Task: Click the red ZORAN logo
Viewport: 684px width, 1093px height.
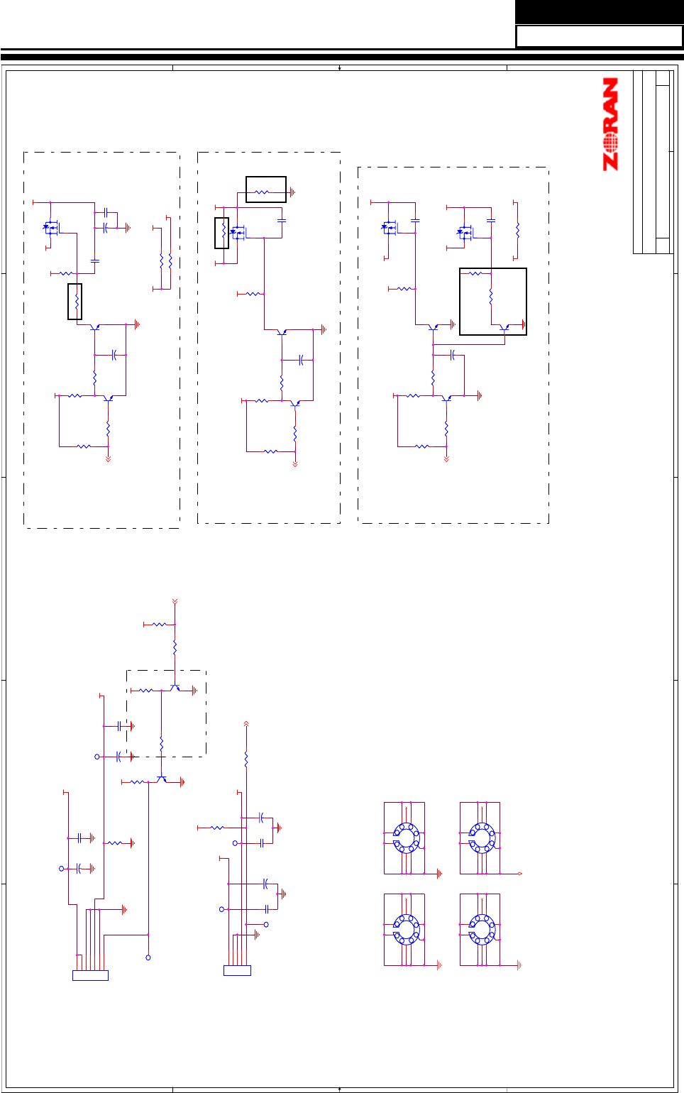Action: coord(610,124)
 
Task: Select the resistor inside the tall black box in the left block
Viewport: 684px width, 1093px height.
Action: coord(75,302)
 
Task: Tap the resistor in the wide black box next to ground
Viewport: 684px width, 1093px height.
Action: coord(261,192)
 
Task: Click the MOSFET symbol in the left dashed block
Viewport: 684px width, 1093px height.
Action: coord(51,229)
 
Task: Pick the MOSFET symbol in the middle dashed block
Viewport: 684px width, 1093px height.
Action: coord(238,233)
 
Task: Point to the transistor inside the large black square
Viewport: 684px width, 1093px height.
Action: coord(504,328)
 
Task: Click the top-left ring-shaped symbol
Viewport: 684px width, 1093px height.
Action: coord(406,837)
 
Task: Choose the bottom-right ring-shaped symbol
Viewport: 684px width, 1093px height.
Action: coord(481,929)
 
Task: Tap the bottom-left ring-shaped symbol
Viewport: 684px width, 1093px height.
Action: coord(406,929)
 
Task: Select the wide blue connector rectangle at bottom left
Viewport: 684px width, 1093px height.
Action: coord(90,975)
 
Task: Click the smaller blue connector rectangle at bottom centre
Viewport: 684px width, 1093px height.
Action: coord(237,970)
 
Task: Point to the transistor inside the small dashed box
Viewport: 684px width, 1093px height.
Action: coord(175,688)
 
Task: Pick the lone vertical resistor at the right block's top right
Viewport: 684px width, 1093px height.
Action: coord(517,231)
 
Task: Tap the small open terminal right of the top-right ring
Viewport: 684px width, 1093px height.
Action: coord(520,874)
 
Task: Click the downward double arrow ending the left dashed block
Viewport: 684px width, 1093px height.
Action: coord(108,459)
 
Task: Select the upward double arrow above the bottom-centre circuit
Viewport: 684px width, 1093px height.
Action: coord(246,724)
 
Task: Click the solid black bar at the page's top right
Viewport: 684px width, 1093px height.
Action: coord(599,11)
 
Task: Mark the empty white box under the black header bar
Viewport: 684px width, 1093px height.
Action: coord(599,36)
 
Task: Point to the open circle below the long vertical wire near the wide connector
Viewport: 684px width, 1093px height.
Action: coord(148,957)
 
